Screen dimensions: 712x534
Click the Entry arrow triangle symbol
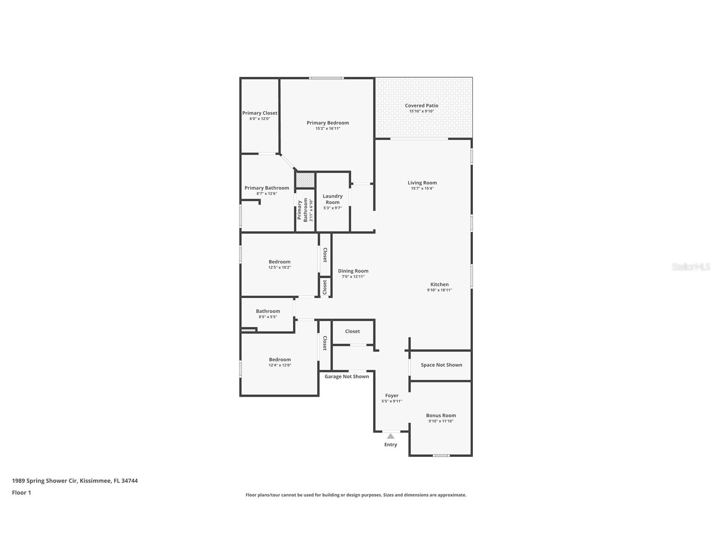[391, 436]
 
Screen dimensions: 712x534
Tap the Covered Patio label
[421, 106]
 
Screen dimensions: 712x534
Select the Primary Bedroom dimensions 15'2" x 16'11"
[328, 128]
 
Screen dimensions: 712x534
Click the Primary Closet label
[260, 113]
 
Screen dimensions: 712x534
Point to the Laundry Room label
[333, 199]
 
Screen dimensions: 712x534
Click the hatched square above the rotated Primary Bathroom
[305, 180]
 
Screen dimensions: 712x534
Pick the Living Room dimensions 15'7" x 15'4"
[422, 188]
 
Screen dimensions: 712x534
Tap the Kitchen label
[439, 285]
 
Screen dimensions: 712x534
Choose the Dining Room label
[353, 271]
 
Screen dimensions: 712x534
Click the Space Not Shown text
[441, 365]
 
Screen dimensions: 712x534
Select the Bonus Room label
[441, 416]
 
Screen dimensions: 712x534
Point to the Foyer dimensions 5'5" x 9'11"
[392, 401]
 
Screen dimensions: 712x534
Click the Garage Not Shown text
[347, 377]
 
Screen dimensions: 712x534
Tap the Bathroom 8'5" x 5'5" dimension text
[268, 317]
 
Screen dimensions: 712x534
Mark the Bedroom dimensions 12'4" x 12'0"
[280, 365]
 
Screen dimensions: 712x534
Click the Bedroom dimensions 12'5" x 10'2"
[279, 267]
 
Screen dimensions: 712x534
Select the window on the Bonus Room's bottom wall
[441, 455]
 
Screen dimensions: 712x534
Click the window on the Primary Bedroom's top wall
[326, 78]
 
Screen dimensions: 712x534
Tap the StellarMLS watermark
[691, 267]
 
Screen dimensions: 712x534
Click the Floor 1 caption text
[21, 493]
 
